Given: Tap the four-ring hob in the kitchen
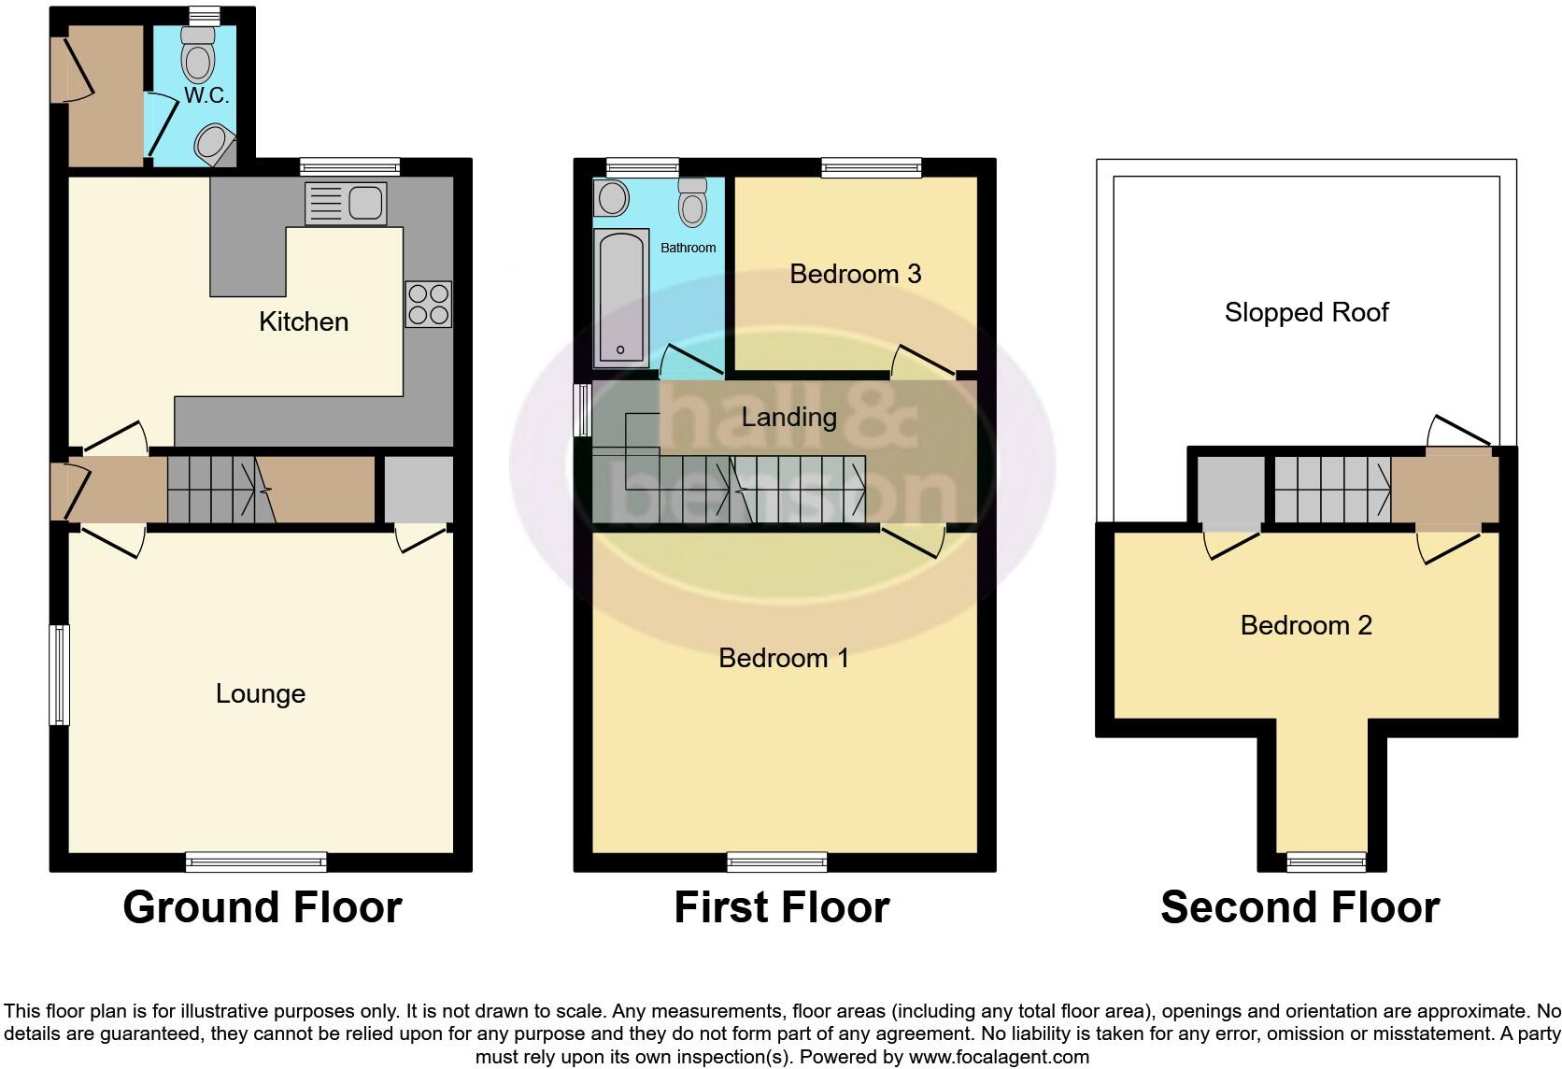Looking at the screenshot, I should click(x=429, y=304).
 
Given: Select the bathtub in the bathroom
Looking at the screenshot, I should click(x=621, y=295).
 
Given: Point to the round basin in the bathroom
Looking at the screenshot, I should click(x=613, y=198).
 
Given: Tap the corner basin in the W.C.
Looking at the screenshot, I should click(x=212, y=145).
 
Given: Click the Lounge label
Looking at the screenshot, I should click(x=260, y=693).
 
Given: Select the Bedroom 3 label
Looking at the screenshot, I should click(x=855, y=274).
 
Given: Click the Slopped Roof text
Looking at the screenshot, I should click(x=1306, y=312).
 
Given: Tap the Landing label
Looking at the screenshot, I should click(x=788, y=417).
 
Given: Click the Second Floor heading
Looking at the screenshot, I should click(x=1299, y=907).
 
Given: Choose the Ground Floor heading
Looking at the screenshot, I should click(x=262, y=907).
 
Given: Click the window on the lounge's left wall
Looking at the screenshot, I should click(x=60, y=674).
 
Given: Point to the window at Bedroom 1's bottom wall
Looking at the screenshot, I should click(x=777, y=862).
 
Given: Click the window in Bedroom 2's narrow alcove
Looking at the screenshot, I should click(x=1327, y=862).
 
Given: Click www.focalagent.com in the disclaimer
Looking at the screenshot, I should click(x=999, y=1058).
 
